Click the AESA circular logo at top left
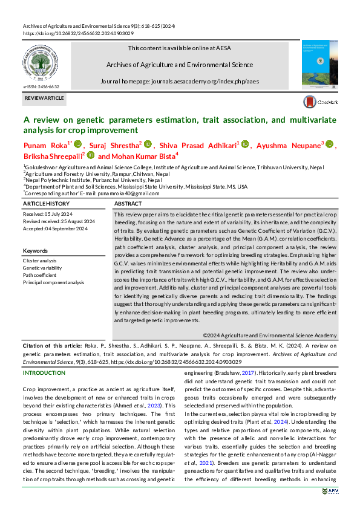point(41,63)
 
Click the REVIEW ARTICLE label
point(44,97)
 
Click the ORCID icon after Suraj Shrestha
point(148,145)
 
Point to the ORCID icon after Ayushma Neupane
point(330,145)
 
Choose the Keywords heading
point(35,250)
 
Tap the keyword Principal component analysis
point(54,282)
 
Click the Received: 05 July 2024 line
point(47,215)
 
